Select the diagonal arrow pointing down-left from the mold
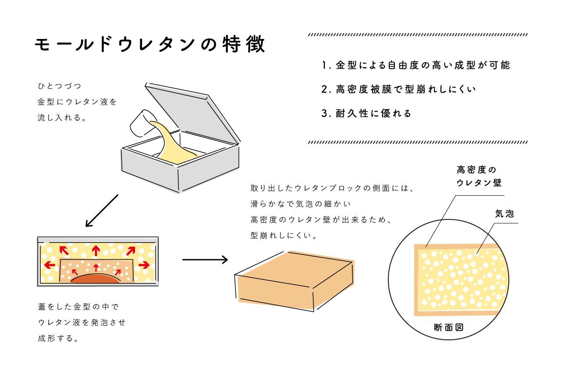point(102,211)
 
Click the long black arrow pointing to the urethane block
point(205,260)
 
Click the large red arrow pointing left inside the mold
point(50,265)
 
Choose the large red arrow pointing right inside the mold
point(144,265)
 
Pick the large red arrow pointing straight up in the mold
point(96,250)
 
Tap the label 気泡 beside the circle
point(504,214)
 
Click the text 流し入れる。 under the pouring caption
point(61,117)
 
